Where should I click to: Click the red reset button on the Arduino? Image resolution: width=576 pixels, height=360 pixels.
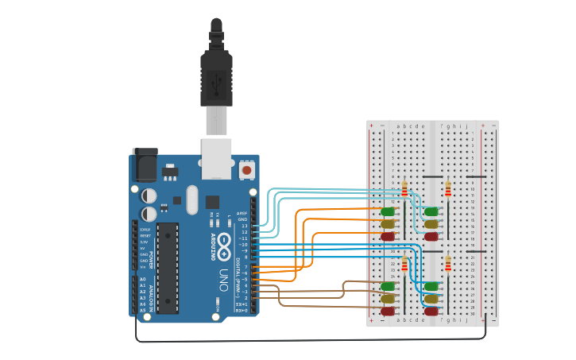point(246,170)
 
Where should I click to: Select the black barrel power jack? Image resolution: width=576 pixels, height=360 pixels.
point(145,165)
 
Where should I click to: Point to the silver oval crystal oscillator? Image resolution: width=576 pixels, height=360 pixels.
point(191,200)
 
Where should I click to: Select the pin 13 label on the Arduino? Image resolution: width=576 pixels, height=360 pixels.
point(245,226)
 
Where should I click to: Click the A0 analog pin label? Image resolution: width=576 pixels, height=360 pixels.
point(143,280)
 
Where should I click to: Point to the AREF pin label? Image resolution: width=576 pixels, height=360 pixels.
point(242,213)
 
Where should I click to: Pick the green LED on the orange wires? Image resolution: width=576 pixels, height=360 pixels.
point(388,211)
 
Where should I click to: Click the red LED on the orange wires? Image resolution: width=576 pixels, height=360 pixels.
point(388,236)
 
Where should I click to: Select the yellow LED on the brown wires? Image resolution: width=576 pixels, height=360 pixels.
point(388,299)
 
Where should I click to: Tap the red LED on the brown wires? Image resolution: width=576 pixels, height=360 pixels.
point(388,311)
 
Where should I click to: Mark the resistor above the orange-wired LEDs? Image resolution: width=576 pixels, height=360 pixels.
point(404,189)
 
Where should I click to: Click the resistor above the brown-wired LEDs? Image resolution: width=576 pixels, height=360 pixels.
point(404,264)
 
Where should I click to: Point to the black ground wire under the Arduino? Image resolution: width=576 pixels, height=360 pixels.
point(310,340)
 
